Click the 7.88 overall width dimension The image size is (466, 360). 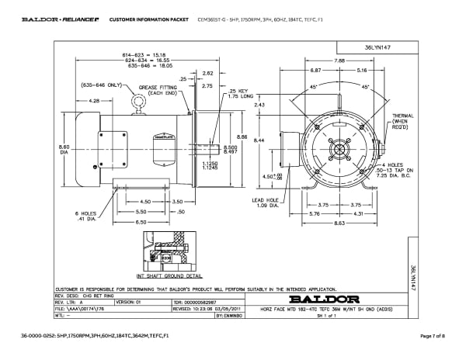point(339,60)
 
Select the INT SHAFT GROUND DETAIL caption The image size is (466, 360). point(169,275)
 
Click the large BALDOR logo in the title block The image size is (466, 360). point(323,298)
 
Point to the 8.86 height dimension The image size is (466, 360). point(243,137)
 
